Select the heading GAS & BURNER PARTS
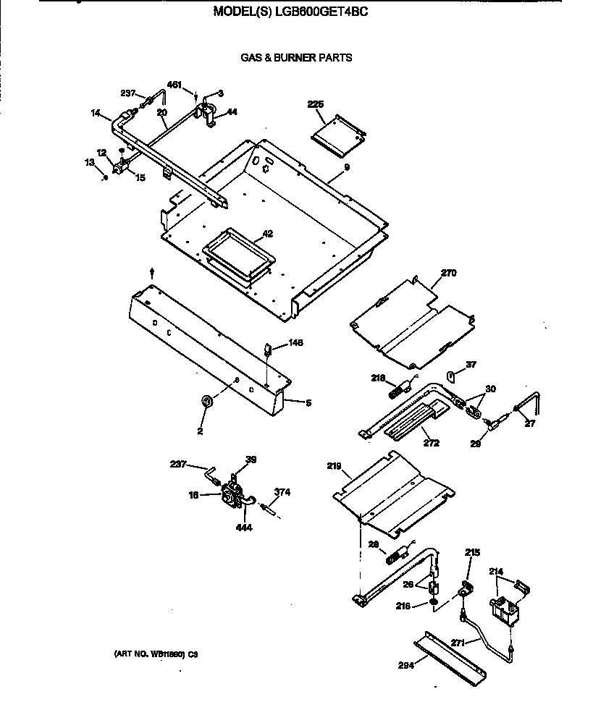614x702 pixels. click(296, 58)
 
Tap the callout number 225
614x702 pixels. click(315, 105)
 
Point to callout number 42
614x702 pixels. click(267, 234)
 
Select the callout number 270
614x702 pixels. click(449, 274)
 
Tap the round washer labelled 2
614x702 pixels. click(206, 401)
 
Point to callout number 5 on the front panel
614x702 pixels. click(308, 403)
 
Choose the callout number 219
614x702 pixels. click(333, 467)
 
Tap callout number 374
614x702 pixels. click(282, 492)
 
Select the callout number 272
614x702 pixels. click(431, 443)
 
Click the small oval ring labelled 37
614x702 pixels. click(450, 376)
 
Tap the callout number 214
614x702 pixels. click(495, 572)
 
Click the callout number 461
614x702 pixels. click(174, 85)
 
